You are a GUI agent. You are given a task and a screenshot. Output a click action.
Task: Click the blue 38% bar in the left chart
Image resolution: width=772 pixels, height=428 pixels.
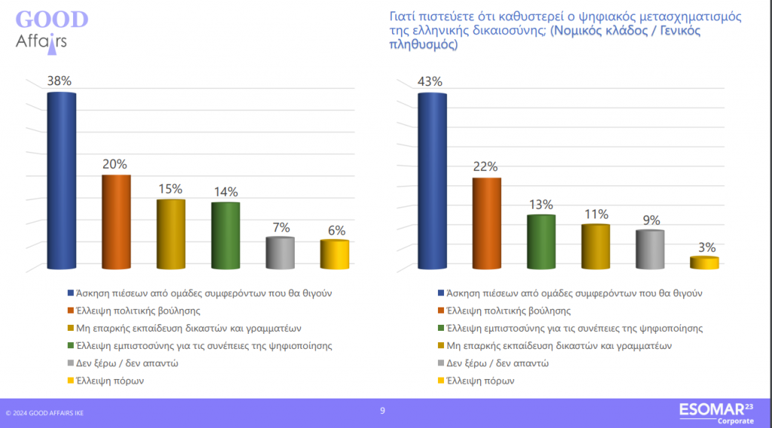coord(61,181)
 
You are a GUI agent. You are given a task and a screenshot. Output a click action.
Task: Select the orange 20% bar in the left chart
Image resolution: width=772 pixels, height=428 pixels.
coord(116,222)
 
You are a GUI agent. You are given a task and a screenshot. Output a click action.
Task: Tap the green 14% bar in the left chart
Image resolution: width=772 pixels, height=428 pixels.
coord(225,235)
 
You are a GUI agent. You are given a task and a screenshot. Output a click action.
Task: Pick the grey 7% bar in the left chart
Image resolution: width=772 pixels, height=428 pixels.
coord(280,253)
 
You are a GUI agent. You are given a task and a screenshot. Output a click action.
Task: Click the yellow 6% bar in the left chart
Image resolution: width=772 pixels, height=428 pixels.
coord(334,255)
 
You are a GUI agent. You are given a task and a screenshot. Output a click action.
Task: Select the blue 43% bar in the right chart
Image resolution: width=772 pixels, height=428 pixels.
coord(432,181)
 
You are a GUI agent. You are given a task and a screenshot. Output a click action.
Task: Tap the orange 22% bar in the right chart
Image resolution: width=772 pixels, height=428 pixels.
coord(486,223)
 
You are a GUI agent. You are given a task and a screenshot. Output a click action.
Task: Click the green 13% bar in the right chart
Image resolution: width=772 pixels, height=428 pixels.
coord(541,242)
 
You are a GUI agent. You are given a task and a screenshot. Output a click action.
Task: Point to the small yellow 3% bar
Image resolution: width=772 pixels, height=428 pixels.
coord(704,263)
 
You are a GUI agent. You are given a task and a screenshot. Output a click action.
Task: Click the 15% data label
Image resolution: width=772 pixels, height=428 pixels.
coord(170,189)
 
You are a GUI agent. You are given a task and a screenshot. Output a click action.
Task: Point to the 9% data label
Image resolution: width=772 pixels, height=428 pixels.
coord(651,220)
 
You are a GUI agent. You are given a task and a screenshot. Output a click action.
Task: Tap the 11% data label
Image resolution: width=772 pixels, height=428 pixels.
coord(596,214)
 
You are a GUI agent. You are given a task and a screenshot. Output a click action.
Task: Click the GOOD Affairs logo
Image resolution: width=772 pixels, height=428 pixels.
coord(50,29)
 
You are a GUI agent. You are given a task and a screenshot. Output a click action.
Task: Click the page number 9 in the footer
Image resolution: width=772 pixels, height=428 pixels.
coord(382,411)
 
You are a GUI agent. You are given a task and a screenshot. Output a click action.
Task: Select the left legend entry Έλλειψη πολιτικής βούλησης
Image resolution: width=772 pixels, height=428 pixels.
coord(132,310)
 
